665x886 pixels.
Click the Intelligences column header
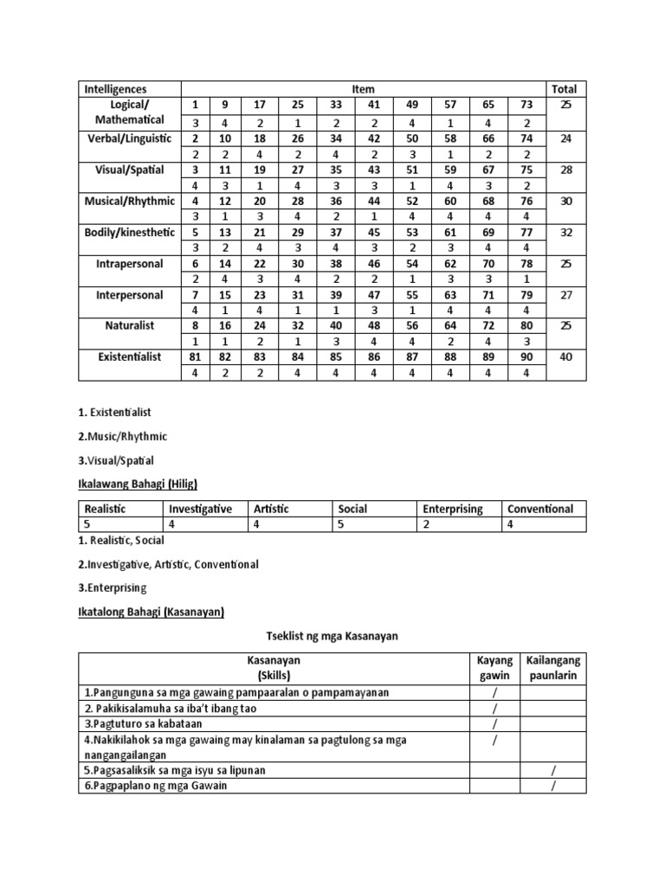[x=115, y=89]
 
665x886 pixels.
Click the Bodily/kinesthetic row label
[x=130, y=232]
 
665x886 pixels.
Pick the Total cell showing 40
[x=566, y=356]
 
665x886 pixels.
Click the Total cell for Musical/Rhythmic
[x=566, y=201]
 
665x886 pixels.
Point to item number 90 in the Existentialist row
[x=527, y=356]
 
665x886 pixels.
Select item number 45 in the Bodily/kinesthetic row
[x=375, y=232]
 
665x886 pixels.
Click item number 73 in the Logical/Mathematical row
[x=527, y=105]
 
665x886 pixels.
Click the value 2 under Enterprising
[x=427, y=524]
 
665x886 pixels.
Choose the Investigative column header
[x=200, y=509]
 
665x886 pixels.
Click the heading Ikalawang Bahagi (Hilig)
[x=139, y=484]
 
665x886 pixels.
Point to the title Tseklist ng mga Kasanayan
[x=332, y=639]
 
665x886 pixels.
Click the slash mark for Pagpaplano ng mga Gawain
[x=551, y=786]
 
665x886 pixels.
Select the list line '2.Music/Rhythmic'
[x=123, y=436]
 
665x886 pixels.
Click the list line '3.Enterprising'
[x=113, y=587]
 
